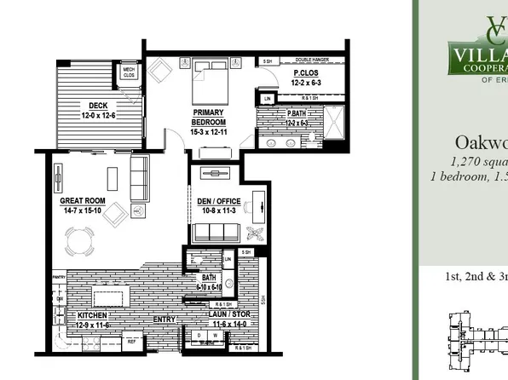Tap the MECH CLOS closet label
click(130, 72)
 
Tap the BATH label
click(209, 278)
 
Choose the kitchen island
click(112, 297)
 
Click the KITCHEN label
click(86, 315)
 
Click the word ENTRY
click(165, 320)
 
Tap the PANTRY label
click(59, 277)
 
